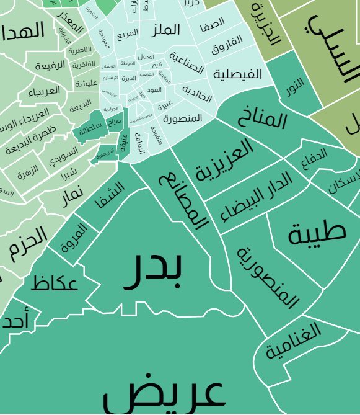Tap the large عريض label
pyautogui.click(x=163, y=393)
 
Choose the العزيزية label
pyautogui.click(x=224, y=160)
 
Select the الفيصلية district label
pyautogui.click(x=237, y=74)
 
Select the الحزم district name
pyautogui.click(x=29, y=243)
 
